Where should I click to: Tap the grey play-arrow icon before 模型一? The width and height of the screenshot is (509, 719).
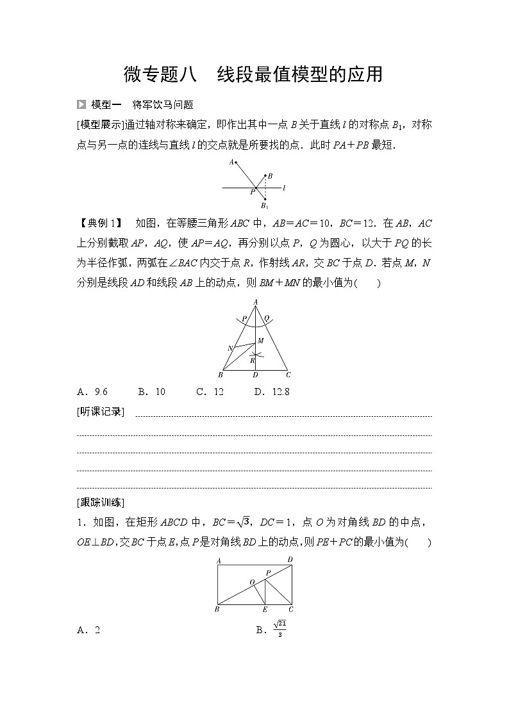click(x=81, y=104)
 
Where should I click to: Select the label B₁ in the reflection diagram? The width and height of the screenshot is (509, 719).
click(x=264, y=206)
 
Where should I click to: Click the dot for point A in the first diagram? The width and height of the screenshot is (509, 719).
click(x=235, y=162)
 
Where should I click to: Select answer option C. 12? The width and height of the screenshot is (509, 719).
click(x=210, y=391)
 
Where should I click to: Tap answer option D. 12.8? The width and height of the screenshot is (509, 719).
click(x=271, y=391)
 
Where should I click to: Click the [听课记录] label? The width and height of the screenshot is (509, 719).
click(x=101, y=412)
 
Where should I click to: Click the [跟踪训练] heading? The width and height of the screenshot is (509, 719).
click(x=101, y=502)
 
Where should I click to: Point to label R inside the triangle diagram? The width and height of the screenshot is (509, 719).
click(x=252, y=360)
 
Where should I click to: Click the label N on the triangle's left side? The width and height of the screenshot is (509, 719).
click(x=229, y=348)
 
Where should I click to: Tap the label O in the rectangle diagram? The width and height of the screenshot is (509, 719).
click(x=252, y=582)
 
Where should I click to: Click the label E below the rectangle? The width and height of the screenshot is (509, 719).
click(x=264, y=610)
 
